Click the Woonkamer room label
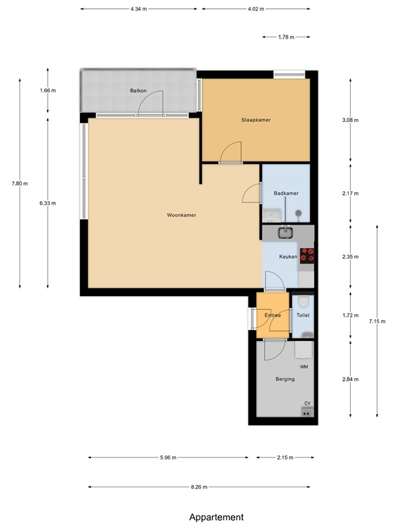point(181,216)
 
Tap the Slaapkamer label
point(256,120)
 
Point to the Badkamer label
point(286,194)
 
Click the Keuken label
point(288,257)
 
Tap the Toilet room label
point(303,315)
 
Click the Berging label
point(285,379)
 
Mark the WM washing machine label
point(304,367)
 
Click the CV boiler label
point(307,404)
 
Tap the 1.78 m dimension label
point(286,37)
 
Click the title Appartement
point(216,517)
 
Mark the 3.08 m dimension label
point(351,120)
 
